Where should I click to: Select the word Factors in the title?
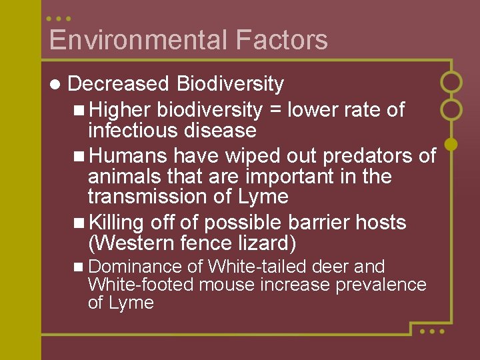281,40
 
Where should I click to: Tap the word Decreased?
119,84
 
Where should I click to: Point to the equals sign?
275,110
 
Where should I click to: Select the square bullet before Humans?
79,157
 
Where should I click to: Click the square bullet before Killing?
79,223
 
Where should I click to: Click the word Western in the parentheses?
139,243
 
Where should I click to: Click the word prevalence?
381,285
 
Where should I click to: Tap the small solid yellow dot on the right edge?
451,143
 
